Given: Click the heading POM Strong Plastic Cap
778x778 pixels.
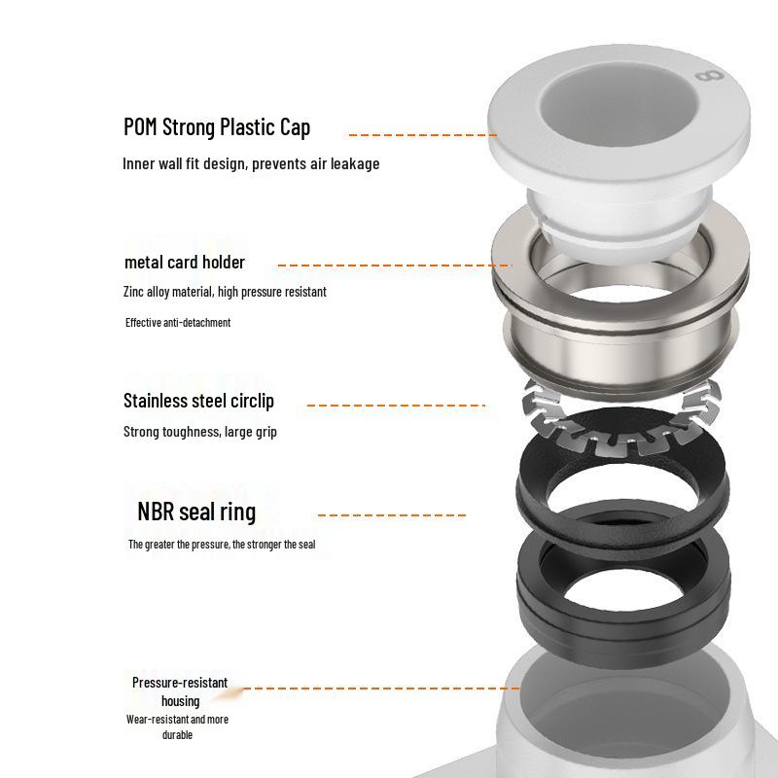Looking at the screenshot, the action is (x=217, y=127).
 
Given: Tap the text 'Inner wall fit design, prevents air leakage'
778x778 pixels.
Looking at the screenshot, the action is (x=251, y=163).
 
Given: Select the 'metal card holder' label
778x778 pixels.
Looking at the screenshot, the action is (x=185, y=262).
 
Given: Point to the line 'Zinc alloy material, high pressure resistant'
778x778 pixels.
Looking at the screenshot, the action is (x=225, y=292).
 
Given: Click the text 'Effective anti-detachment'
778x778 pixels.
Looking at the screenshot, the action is (x=178, y=323).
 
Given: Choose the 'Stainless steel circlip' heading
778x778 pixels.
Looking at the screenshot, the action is (x=198, y=401).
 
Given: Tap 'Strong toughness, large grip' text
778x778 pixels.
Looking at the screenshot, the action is (x=200, y=432).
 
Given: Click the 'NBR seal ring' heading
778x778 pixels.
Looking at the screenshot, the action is (x=196, y=512).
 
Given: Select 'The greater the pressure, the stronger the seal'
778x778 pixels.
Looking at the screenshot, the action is (x=222, y=545).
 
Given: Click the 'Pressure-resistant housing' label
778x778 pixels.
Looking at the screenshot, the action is (x=180, y=691).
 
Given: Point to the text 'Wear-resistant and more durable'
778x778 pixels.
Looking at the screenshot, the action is (x=177, y=726).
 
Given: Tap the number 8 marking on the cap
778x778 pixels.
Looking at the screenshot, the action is (x=710, y=77).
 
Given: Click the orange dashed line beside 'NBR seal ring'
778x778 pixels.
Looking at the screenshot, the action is (x=392, y=515).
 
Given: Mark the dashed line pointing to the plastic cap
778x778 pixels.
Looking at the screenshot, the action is (x=423, y=134).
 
